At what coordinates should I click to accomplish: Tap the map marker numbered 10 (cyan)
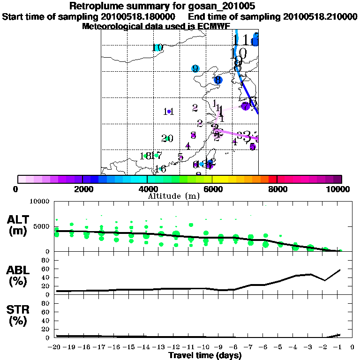[x=157, y=48]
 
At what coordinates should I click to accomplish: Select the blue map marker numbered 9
[x=195, y=69]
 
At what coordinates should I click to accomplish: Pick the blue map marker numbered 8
[x=217, y=80]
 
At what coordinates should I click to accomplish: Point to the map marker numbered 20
[x=167, y=138]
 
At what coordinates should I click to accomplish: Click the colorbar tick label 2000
[x=82, y=189]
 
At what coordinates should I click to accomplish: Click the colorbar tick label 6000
[x=212, y=189]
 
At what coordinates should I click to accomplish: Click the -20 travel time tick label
[x=55, y=348]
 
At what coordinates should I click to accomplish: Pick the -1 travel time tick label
[x=340, y=348]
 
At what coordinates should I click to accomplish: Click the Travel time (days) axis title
[x=205, y=355]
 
